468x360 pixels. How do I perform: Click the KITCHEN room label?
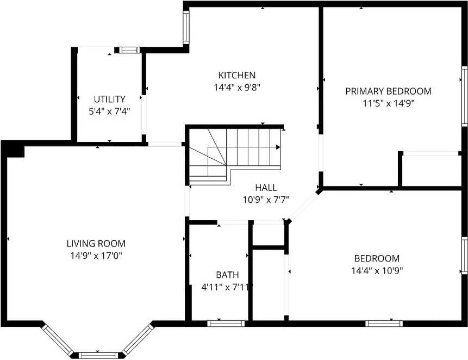(237, 75)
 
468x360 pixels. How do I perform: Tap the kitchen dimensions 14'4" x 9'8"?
(237, 86)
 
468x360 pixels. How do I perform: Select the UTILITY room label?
(109, 99)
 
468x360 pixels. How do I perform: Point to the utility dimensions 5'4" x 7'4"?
(109, 111)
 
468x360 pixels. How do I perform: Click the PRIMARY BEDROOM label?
(388, 91)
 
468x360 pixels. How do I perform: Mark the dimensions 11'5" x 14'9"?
(388, 102)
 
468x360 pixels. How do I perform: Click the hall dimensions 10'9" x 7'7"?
(266, 199)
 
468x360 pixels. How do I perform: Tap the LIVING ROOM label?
(96, 243)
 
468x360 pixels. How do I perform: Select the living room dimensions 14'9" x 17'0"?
(96, 255)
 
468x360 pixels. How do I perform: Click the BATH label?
(227, 275)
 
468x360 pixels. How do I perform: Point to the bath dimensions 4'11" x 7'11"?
(227, 287)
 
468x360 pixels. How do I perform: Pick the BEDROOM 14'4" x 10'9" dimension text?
(377, 270)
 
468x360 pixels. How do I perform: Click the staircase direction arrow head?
(278, 147)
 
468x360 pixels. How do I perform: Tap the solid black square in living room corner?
(15, 150)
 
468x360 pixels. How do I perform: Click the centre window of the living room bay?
(98, 356)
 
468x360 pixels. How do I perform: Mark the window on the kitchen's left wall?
(185, 28)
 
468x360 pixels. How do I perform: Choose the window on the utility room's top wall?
(129, 50)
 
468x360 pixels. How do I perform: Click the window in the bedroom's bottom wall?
(384, 324)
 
